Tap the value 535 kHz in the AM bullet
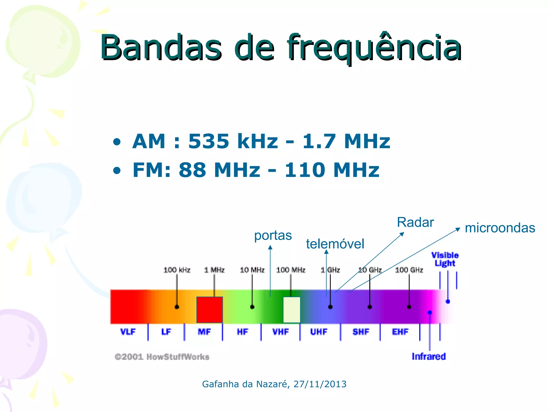[x=233, y=141]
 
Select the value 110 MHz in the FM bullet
[x=332, y=170]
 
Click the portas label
[x=273, y=236]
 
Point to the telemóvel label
[x=335, y=244]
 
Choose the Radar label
[x=415, y=222]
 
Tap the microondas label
[x=500, y=228]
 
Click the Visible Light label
[x=445, y=259]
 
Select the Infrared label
[x=429, y=356]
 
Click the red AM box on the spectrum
[x=210, y=310]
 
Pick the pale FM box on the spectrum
[x=292, y=310]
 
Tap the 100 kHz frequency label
[x=177, y=270]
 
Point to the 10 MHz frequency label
[x=252, y=270]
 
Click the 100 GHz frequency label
[x=409, y=270]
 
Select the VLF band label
[x=128, y=332]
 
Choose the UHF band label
[x=319, y=332]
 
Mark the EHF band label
[x=400, y=332]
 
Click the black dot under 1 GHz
[x=330, y=307]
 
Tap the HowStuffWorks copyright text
[x=162, y=357]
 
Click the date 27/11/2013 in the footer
[x=320, y=384]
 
